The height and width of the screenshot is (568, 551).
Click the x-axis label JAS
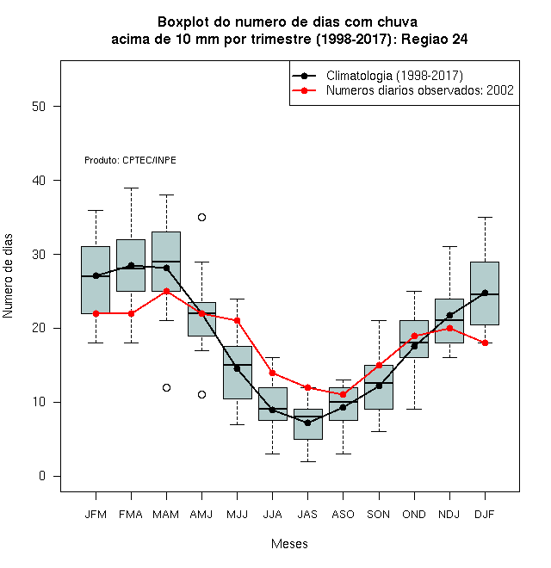[x=307, y=515]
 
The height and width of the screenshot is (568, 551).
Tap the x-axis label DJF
[x=485, y=515]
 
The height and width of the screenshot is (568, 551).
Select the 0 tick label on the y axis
[x=42, y=476]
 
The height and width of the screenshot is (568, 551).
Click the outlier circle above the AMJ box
[x=202, y=218]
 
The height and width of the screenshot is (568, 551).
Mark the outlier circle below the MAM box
[x=166, y=387]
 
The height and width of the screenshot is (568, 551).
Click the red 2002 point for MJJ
[x=237, y=321]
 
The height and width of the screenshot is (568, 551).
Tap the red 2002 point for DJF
[x=485, y=343]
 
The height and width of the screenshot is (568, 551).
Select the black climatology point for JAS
[x=307, y=423]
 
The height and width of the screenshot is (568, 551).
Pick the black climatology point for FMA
[x=131, y=266]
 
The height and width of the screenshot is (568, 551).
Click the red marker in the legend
[x=304, y=90]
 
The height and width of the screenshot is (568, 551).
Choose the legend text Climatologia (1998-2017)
[x=394, y=76]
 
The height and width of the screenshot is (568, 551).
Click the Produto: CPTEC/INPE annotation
[x=130, y=160]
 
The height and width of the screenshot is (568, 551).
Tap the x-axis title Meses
[x=289, y=544]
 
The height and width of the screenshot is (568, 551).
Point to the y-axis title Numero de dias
[x=8, y=276]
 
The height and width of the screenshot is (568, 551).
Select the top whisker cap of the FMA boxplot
[x=131, y=188]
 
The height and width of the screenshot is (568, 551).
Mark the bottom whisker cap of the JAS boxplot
[x=307, y=461]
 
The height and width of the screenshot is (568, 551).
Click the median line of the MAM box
[x=166, y=261]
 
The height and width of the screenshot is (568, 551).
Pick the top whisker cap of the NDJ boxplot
[x=450, y=247]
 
